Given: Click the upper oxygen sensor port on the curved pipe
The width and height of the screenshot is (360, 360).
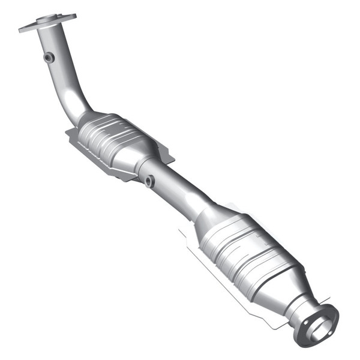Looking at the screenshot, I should pyautogui.click(x=49, y=57).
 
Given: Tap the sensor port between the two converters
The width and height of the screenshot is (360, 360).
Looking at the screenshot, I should pyautogui.click(x=149, y=180).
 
